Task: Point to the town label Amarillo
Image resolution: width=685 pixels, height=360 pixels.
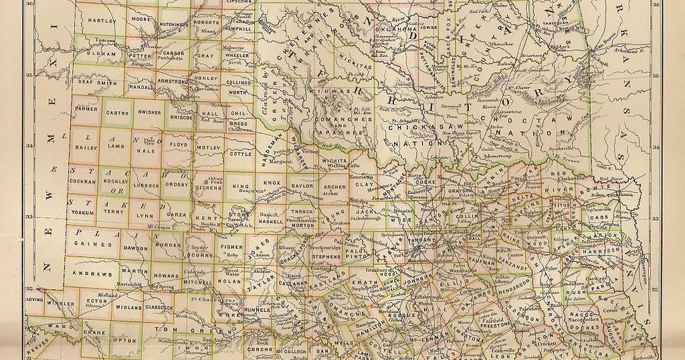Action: [142, 64]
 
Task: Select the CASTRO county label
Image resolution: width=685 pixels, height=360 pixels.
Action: [117, 113]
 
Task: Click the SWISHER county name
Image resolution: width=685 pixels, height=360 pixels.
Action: [150, 112]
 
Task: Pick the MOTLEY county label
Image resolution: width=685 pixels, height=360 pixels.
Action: [208, 147]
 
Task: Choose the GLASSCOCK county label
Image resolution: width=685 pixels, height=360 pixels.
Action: [159, 307]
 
